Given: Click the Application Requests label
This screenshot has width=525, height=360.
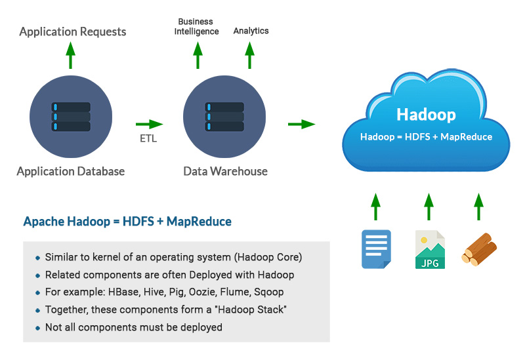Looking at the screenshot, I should pyautogui.click(x=72, y=31).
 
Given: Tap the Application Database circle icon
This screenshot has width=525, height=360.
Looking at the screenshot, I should pyautogui.click(x=71, y=115).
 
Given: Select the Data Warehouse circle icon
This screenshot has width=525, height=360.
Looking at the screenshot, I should pyautogui.click(x=224, y=115).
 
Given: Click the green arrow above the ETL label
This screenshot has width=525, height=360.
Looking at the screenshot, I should pyautogui.click(x=149, y=124).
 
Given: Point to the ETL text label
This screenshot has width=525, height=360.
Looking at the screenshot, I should pyautogui.click(x=149, y=138).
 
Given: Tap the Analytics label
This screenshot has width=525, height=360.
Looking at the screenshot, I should pyautogui.click(x=251, y=31).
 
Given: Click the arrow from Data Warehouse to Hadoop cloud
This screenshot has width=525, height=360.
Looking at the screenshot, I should pyautogui.click(x=302, y=124).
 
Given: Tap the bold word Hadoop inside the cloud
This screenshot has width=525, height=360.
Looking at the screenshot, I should pyautogui.click(x=426, y=115).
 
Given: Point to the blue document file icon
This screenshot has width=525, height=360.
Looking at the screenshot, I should pyautogui.click(x=376, y=249).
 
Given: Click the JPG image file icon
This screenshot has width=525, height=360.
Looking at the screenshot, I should pyautogui.click(x=430, y=249).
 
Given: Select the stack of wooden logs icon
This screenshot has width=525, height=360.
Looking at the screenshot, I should pyautogui.click(x=479, y=250).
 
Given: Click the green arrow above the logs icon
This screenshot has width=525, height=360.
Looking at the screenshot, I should pyautogui.click(x=478, y=206).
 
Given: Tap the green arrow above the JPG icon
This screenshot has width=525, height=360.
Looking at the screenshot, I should pyautogui.click(x=429, y=206).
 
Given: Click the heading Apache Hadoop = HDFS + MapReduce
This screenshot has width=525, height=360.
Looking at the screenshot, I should pyautogui.click(x=127, y=222).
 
